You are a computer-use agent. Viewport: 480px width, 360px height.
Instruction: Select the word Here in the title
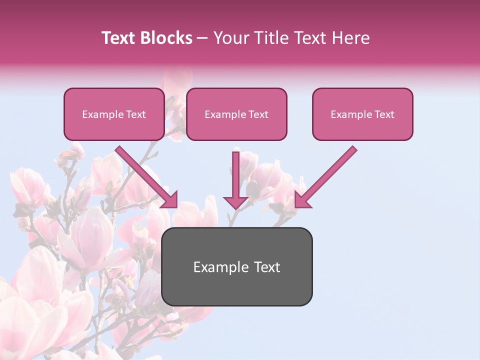[x=351, y=38]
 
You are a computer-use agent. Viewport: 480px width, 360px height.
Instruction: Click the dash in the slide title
[x=202, y=38]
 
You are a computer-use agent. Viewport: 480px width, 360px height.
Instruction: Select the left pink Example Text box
[x=114, y=114]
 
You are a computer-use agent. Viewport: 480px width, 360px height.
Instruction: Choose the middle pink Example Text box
[x=236, y=114]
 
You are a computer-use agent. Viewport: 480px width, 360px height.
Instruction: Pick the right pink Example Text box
[x=362, y=114]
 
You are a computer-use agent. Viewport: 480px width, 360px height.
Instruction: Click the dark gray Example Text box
[x=236, y=266]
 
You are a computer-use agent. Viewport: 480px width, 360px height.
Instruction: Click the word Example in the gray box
[x=217, y=267]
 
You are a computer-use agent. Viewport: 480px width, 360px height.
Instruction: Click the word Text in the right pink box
[x=384, y=114]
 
